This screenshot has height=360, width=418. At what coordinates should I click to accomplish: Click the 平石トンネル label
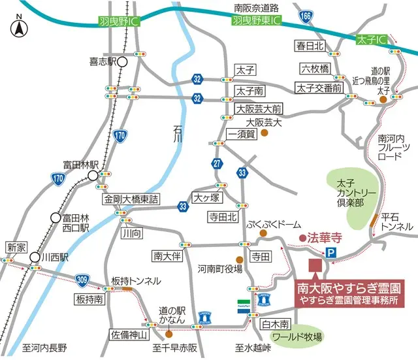point(397,221)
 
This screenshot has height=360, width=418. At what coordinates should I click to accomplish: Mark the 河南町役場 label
point(219,268)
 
